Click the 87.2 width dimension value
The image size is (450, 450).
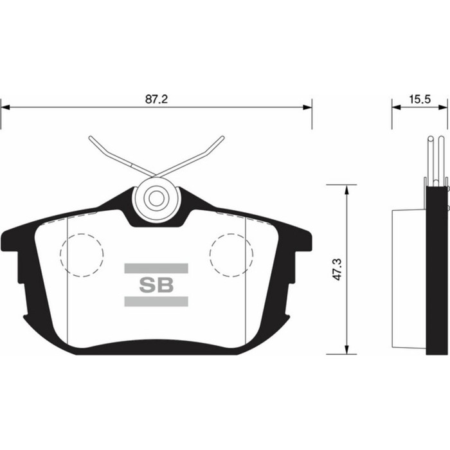[156, 100]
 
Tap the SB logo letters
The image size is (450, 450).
[156, 285]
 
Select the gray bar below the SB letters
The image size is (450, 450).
[156, 302]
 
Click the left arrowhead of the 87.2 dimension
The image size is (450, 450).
[5, 108]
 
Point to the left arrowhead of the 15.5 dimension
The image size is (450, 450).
[396, 108]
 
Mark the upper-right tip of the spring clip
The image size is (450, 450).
[222, 138]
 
